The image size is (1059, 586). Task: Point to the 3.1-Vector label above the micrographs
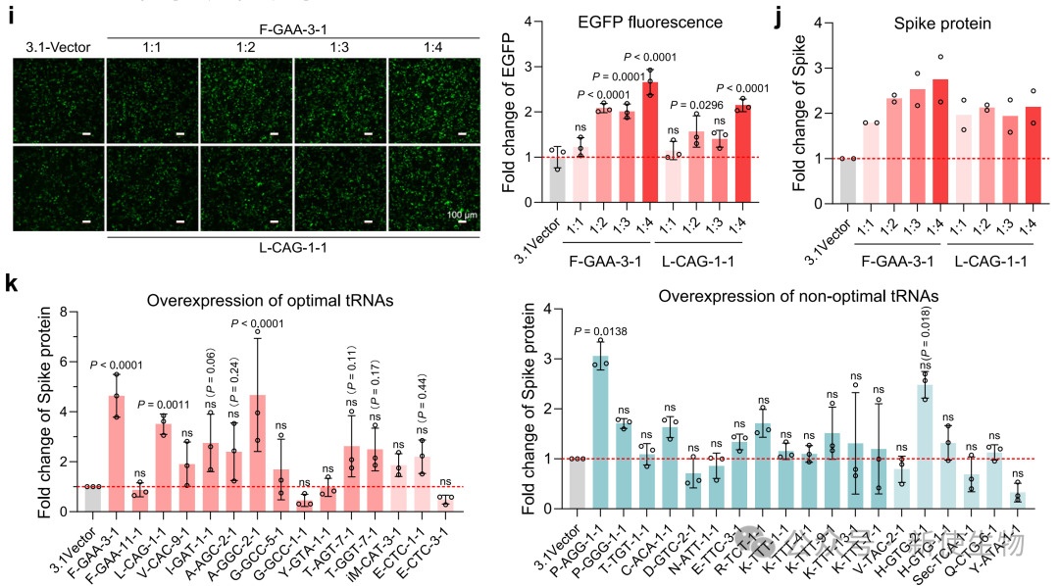coord(57,48)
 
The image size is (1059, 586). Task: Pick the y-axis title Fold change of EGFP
coord(509,110)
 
